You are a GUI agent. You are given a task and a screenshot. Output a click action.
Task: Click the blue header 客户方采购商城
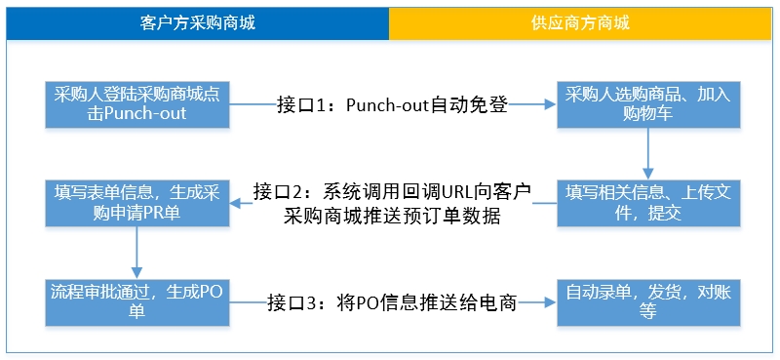(198, 22)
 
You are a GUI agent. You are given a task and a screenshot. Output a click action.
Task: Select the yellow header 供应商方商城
(580, 22)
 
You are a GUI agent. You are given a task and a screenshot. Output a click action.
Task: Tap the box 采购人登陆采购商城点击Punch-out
(137, 104)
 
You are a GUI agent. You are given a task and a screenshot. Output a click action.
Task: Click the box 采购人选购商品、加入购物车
(648, 104)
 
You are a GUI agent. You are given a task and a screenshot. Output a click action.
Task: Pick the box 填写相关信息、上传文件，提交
(648, 203)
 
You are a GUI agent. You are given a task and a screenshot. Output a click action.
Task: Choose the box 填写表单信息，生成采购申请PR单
(137, 203)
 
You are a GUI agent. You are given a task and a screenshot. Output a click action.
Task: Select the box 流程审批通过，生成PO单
(137, 302)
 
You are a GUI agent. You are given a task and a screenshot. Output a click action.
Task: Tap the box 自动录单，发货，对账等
(648, 302)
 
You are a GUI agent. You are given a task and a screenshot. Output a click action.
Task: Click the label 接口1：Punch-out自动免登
(392, 104)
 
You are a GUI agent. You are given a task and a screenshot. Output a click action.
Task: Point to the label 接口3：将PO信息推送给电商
(393, 302)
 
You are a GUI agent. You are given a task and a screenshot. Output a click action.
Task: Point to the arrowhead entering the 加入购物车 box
(550, 104)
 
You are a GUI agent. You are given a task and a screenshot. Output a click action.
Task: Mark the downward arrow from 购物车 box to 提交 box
(647, 154)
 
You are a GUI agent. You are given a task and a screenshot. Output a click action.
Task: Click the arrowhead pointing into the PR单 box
(236, 203)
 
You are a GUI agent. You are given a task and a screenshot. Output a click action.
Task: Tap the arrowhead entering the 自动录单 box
(550, 302)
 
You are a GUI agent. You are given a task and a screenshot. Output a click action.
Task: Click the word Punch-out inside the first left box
(145, 113)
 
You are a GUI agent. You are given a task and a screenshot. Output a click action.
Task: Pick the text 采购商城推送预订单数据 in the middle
(392, 217)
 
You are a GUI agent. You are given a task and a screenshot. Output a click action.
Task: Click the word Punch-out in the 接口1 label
(390, 104)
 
